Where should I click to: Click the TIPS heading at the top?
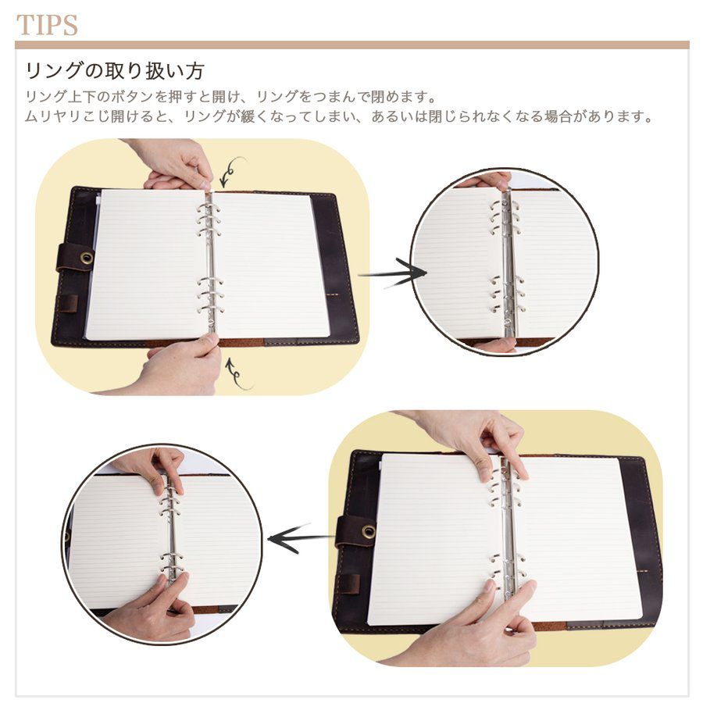click(47, 25)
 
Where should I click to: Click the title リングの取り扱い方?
click(114, 70)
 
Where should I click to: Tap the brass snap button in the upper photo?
click(87, 258)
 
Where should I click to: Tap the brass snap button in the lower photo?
click(369, 531)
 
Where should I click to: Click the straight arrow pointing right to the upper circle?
click(393, 273)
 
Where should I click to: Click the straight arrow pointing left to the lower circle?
click(302, 537)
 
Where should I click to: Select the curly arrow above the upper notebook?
click(232, 171)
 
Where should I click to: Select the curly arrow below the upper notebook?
click(237, 374)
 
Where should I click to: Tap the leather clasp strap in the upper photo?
click(75, 258)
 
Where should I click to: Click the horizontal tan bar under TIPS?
click(352, 45)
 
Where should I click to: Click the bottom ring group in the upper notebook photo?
click(211, 294)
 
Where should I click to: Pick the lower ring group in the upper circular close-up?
click(507, 294)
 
